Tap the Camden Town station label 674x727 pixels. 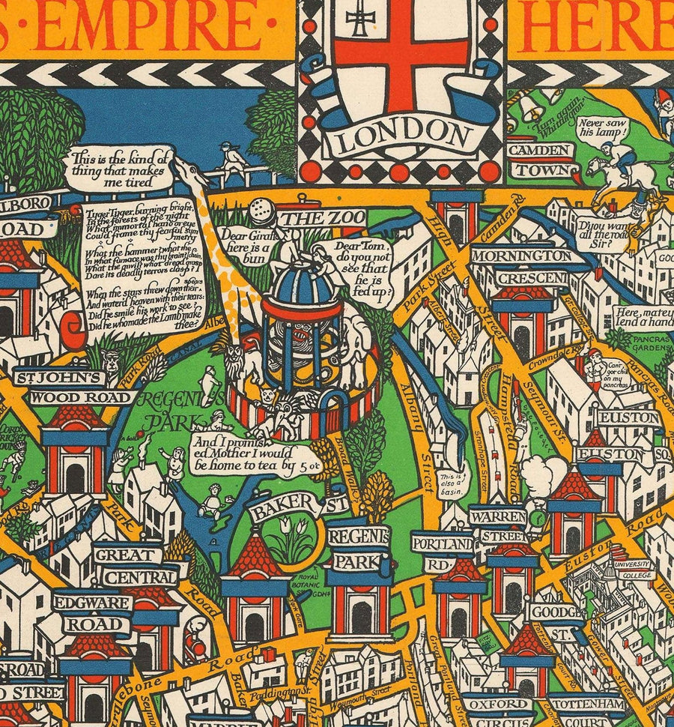point(540,159)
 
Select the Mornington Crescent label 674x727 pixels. point(530,267)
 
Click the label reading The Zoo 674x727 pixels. point(322,218)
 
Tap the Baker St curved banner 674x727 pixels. point(298,507)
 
